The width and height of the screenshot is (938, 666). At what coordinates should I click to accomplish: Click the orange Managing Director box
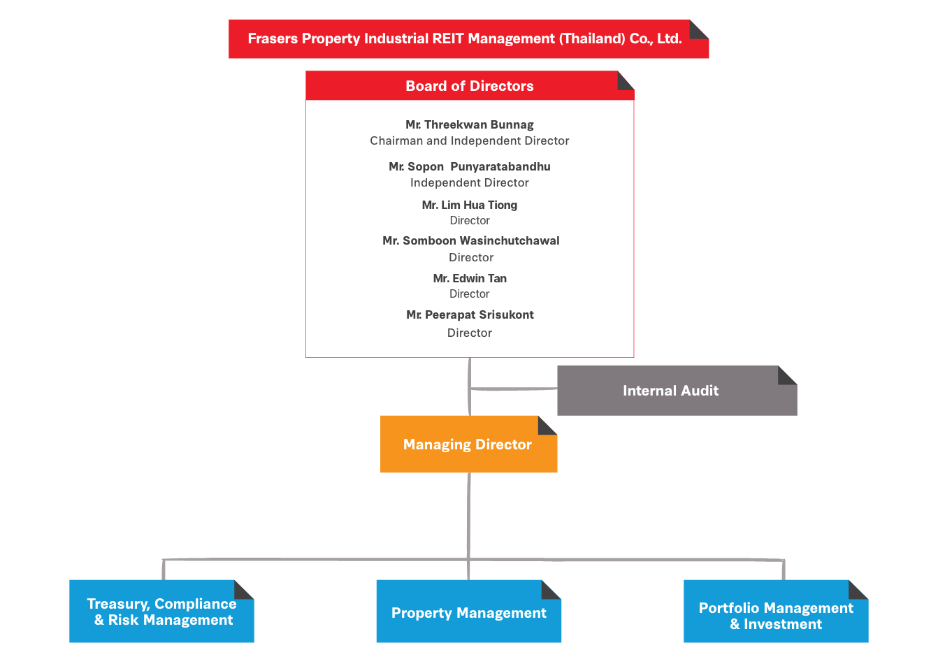pyautogui.click(x=468, y=444)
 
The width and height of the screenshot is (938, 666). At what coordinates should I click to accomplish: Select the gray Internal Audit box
pyautogui.click(x=677, y=391)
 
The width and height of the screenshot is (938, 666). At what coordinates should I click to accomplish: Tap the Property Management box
pyautogui.click(x=468, y=611)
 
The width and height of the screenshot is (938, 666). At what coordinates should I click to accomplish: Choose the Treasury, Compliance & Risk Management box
pyautogui.click(x=161, y=611)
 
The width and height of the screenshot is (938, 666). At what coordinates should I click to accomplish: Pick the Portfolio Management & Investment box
pyautogui.click(x=776, y=611)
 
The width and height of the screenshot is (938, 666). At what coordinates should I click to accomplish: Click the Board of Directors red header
pyautogui.click(x=470, y=85)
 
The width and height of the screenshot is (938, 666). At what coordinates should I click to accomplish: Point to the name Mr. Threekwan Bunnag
pyautogui.click(x=470, y=125)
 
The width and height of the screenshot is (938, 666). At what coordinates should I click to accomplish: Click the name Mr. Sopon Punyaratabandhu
pyautogui.click(x=470, y=166)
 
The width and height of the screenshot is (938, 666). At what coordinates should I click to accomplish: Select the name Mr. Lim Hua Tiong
pyautogui.click(x=470, y=205)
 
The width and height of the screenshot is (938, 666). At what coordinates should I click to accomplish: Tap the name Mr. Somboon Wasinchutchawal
pyautogui.click(x=470, y=240)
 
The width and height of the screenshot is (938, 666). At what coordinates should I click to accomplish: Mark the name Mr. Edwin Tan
pyautogui.click(x=470, y=278)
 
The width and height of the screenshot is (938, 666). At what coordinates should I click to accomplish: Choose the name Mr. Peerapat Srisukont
pyautogui.click(x=470, y=314)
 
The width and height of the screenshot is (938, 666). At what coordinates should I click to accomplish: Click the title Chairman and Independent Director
pyautogui.click(x=470, y=140)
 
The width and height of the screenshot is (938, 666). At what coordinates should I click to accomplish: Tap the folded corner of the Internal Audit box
pyautogui.click(x=787, y=375)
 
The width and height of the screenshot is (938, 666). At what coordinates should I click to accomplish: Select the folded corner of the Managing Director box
pyautogui.click(x=547, y=426)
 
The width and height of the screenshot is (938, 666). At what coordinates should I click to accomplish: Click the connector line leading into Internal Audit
pyautogui.click(x=514, y=389)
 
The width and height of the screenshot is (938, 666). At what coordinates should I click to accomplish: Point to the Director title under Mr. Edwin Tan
pyautogui.click(x=470, y=294)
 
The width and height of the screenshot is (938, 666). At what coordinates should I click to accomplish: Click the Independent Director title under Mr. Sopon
pyautogui.click(x=470, y=182)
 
